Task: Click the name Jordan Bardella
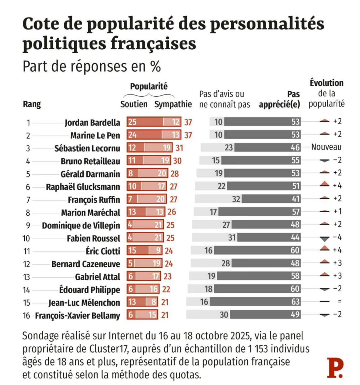click(x=92, y=123)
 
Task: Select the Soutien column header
click(x=134, y=104)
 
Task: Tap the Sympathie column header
click(x=173, y=104)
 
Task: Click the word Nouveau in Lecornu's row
click(x=326, y=147)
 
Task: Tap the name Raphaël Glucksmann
click(x=83, y=187)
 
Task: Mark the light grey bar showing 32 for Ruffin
click(x=218, y=199)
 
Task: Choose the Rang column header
click(x=32, y=104)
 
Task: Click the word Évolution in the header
click(x=326, y=83)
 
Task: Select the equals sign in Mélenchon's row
click(x=339, y=301)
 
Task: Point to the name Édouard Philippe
click(x=90, y=289)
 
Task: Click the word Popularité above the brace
click(x=149, y=86)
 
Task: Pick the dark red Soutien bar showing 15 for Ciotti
click(x=138, y=251)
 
